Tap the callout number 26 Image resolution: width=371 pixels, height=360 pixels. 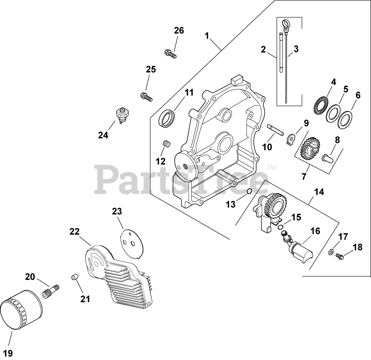pos(179,31)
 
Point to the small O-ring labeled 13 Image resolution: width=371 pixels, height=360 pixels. pos(250,191)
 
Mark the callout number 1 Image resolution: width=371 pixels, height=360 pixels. pos(206,35)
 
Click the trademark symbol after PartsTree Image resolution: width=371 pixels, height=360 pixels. pos(272,168)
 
